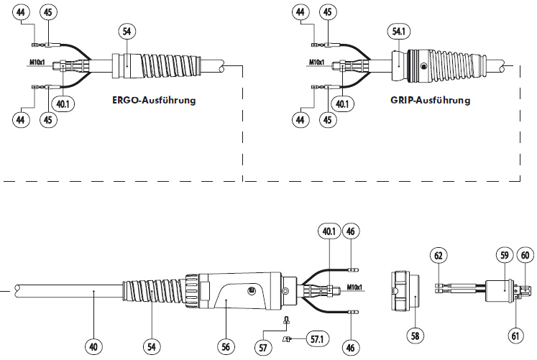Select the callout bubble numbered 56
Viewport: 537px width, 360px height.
point(226,346)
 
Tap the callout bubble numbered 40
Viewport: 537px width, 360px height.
point(93,346)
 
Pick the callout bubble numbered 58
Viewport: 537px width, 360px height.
point(415,335)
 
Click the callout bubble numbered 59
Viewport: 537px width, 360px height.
point(503,254)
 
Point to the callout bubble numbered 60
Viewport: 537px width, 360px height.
point(525,254)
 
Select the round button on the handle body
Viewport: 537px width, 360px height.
point(251,291)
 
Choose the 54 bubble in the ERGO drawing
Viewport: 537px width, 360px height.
point(127,32)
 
